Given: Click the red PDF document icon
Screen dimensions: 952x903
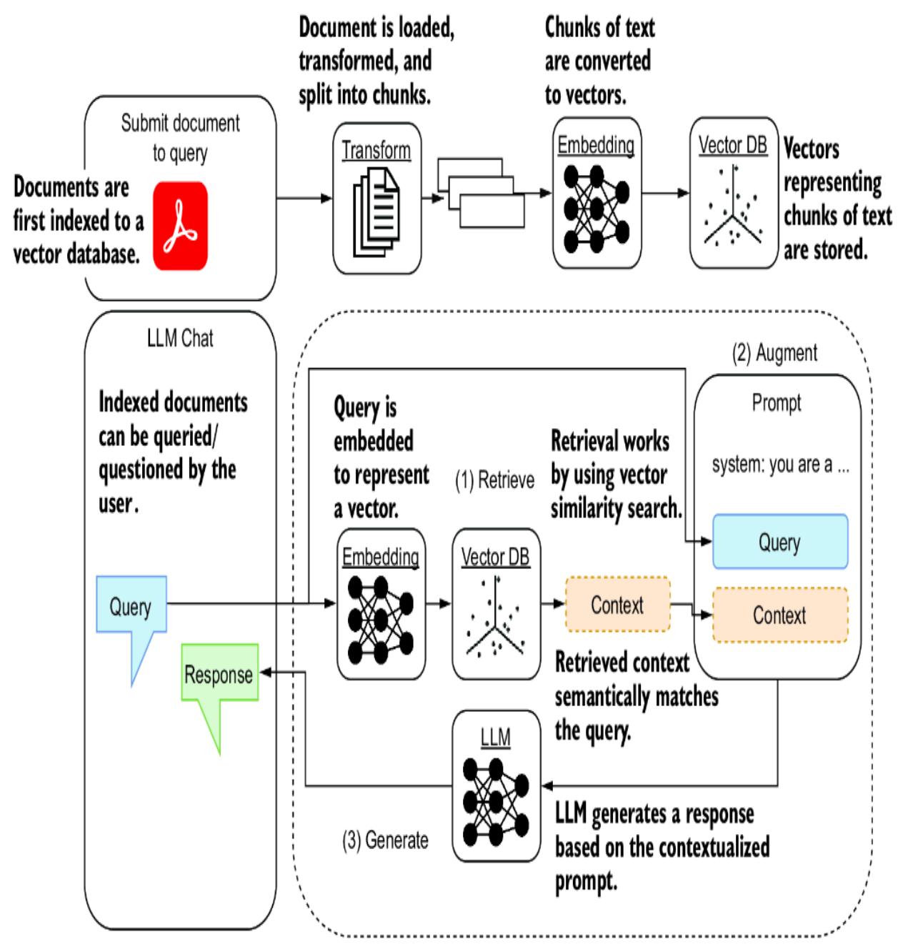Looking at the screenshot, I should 180,226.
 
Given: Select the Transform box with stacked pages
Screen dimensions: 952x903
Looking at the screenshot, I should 376,198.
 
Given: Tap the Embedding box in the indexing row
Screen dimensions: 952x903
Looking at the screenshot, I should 597,193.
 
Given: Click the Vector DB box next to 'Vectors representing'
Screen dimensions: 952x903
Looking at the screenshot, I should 733,193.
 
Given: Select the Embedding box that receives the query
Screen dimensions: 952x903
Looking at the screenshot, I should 380,603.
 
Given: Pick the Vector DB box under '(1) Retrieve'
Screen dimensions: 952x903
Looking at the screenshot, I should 495,603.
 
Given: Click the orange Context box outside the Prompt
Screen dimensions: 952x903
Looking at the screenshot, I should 617,605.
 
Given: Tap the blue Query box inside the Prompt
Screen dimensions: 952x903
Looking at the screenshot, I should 779,542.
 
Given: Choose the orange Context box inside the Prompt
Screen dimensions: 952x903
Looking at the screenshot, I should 779,615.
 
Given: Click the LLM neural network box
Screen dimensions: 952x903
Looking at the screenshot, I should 496,785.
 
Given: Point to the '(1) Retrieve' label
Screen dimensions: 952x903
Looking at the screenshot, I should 494,480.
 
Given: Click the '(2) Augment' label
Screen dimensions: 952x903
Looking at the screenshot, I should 775,353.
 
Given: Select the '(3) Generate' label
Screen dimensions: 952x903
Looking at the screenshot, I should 385,841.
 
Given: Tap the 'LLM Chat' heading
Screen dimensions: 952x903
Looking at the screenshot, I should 180,338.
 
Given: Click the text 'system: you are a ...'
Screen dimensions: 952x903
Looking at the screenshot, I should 780,465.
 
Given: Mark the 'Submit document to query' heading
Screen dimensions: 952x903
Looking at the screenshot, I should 180,137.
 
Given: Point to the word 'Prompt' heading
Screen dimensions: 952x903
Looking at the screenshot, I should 777,403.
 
